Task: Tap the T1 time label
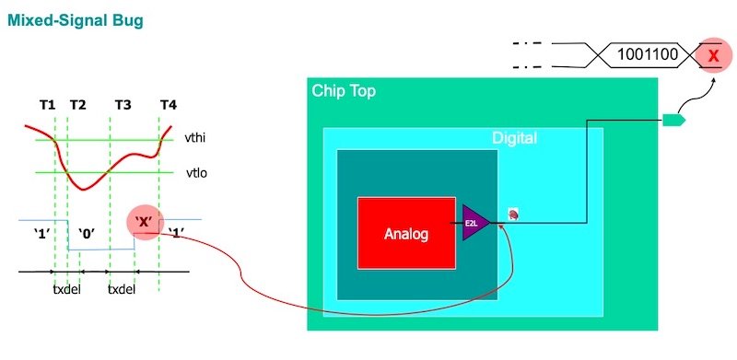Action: [47, 105]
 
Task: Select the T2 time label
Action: [77, 105]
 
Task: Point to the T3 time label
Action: [123, 105]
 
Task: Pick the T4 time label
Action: [168, 105]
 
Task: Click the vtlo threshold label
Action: [194, 171]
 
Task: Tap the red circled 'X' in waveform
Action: [143, 223]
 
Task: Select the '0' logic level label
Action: [88, 233]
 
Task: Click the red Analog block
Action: [406, 233]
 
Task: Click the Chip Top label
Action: [344, 91]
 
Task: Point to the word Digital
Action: [514, 139]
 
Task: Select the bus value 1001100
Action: [647, 56]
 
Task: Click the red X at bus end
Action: [712, 56]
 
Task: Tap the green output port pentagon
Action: [673, 119]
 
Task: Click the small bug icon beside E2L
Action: [514, 215]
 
